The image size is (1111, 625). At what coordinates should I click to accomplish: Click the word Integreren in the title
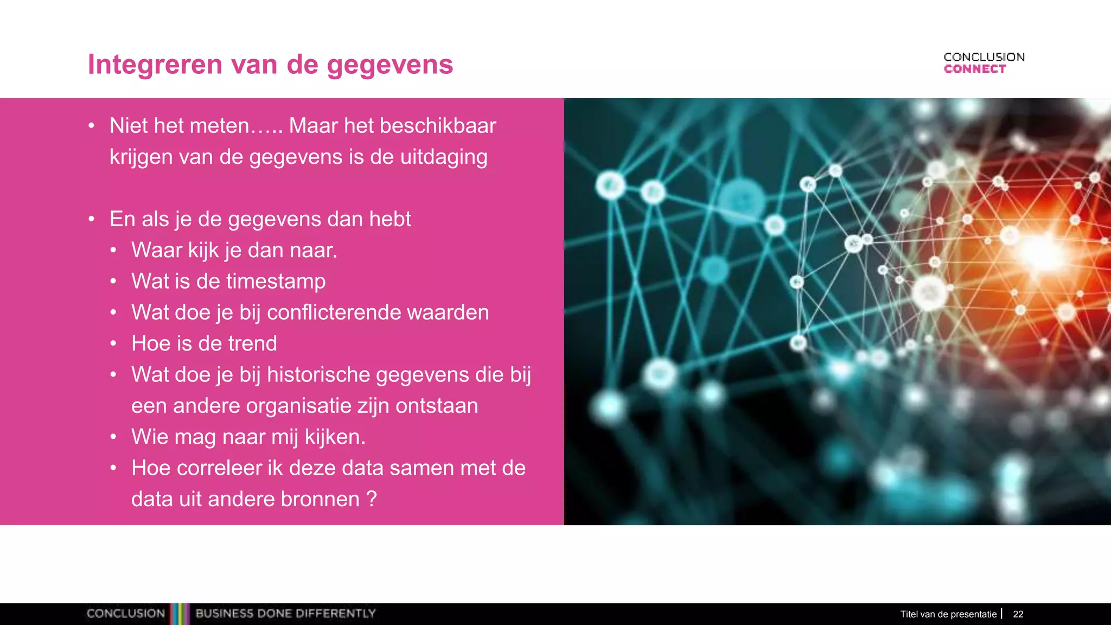pos(155,65)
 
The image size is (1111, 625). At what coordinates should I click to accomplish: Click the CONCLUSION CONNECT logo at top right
pos(984,63)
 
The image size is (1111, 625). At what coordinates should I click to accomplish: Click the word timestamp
pos(276,282)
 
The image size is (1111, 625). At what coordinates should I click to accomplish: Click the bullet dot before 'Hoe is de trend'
pos(113,343)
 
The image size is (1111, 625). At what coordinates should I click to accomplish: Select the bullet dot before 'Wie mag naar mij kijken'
pos(113,437)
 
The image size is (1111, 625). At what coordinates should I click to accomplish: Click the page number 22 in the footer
pos(1018,614)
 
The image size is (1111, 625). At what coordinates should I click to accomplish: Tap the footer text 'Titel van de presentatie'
pos(948,614)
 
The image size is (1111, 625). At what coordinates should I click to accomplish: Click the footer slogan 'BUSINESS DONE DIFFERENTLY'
pos(285,614)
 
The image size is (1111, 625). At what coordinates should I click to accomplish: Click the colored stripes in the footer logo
pos(180,614)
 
